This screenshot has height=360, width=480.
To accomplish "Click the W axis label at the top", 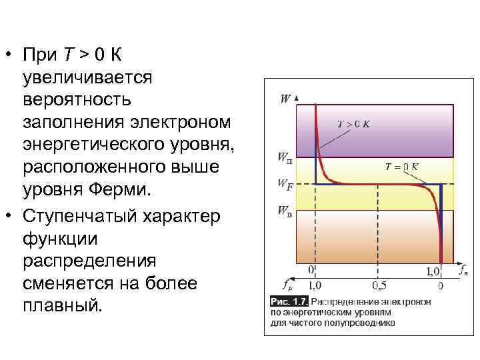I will pyautogui.click(x=285, y=99).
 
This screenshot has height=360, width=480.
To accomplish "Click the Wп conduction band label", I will pyautogui.click(x=285, y=159).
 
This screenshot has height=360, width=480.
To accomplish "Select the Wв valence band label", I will pyautogui.click(x=285, y=213).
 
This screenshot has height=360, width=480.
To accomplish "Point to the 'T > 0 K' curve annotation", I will pyautogui.click(x=354, y=124).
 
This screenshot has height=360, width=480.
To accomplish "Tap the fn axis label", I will pyautogui.click(x=462, y=270).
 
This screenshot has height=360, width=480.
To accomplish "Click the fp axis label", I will pyautogui.click(x=287, y=285).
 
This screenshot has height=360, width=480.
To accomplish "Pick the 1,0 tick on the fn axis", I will pyautogui.click(x=433, y=271).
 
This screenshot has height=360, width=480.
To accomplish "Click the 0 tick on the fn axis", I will pyautogui.click(x=311, y=270).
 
